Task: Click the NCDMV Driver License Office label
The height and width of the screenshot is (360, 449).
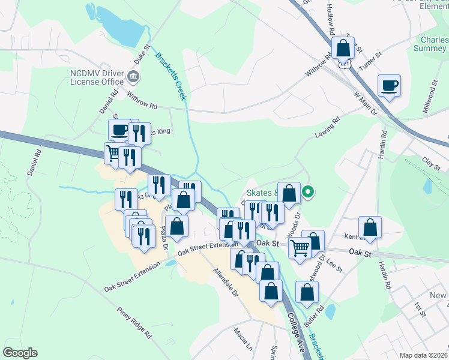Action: [x=96, y=76]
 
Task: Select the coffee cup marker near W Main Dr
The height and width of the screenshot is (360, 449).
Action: [x=389, y=85]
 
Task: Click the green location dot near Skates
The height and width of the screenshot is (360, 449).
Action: [x=308, y=193]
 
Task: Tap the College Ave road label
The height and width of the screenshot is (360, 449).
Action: [x=297, y=332]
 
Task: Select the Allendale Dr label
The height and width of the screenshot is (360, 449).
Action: [x=226, y=284]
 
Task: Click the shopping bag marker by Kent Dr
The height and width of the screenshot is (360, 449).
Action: [x=370, y=227]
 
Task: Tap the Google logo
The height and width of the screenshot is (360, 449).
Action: [x=20, y=352]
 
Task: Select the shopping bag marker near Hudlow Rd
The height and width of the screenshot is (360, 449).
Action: [x=342, y=49]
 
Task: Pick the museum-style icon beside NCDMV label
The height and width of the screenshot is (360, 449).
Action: [x=133, y=76]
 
